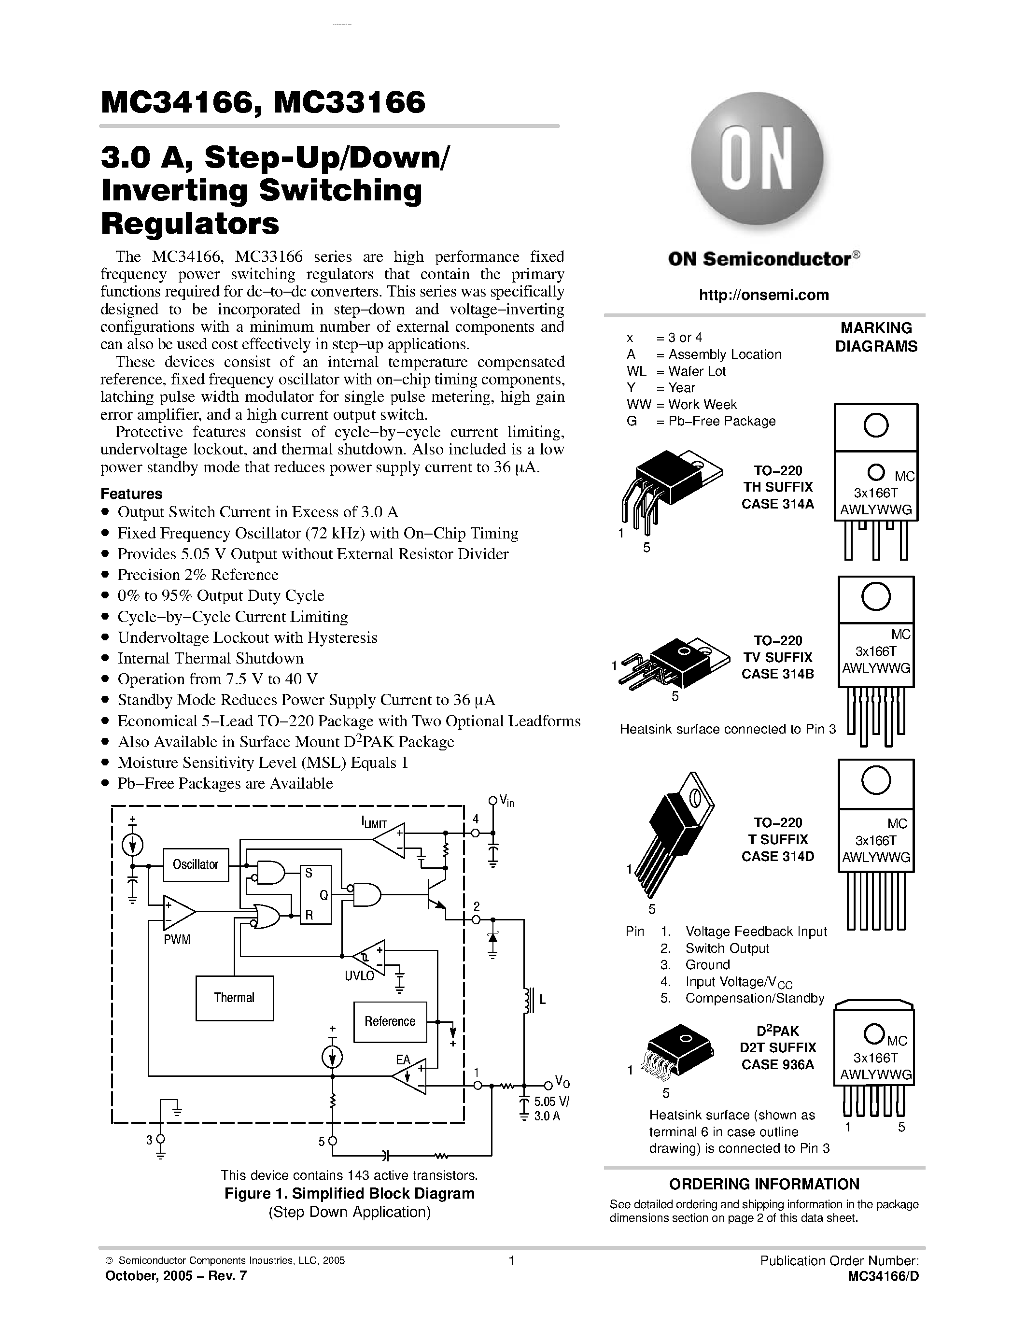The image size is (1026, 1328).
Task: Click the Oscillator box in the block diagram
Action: (x=196, y=864)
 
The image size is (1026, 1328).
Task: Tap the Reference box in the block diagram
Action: (x=390, y=1021)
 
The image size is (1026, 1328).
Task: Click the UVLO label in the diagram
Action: (x=360, y=976)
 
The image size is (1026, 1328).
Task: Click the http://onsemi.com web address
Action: (x=763, y=295)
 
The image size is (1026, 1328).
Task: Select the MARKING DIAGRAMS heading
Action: (x=876, y=337)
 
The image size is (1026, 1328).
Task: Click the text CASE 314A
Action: (x=777, y=504)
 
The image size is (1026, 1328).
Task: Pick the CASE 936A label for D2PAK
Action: (x=777, y=1064)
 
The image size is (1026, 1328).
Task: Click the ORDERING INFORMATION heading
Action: (x=764, y=1184)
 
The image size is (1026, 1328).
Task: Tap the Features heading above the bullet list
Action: (x=131, y=494)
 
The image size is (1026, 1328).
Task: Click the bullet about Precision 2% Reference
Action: (x=197, y=575)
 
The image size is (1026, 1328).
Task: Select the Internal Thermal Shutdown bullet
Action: (x=211, y=658)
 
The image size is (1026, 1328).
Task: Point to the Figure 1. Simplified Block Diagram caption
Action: (x=350, y=1193)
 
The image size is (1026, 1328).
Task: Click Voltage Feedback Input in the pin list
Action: (x=756, y=932)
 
